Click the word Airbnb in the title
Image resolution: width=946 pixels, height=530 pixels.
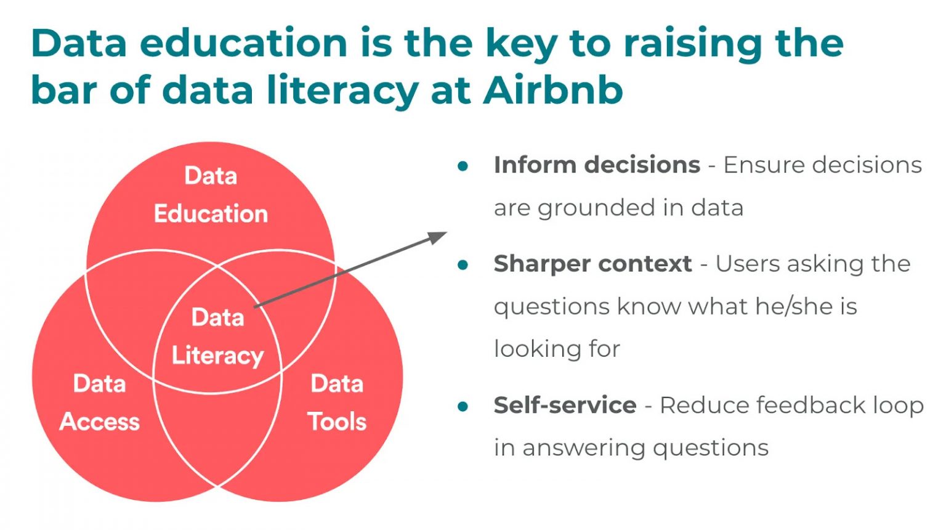point(552,90)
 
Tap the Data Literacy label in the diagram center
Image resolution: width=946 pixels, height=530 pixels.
point(217,336)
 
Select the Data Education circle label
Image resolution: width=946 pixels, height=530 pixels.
point(211,195)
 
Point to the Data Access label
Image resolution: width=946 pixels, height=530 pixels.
point(100,402)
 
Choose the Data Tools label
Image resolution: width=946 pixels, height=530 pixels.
point(337,402)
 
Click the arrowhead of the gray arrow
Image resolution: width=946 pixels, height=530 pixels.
point(439,237)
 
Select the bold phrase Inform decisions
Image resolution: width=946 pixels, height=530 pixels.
point(597,165)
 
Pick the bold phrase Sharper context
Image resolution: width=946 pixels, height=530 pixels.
point(592,264)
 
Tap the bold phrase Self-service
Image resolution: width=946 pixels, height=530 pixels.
point(565,406)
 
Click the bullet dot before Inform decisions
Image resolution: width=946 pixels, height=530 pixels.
point(463,166)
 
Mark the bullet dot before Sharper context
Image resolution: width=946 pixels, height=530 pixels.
point(463,265)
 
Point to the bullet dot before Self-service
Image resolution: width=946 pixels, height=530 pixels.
point(463,406)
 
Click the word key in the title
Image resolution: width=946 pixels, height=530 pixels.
point(521,44)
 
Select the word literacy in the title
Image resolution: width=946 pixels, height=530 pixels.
point(342,91)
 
